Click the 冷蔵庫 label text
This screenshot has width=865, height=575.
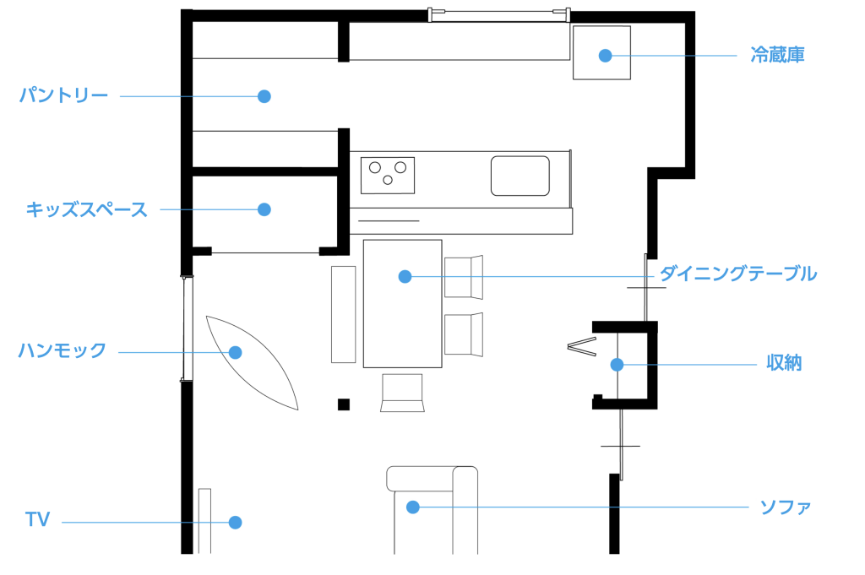pyautogui.click(x=777, y=56)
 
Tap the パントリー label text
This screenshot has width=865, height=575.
pyautogui.click(x=64, y=95)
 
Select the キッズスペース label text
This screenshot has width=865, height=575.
pyautogui.click(x=86, y=209)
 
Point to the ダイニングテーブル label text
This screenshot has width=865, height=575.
pyautogui.click(x=737, y=274)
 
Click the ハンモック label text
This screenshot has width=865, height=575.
pyautogui.click(x=63, y=350)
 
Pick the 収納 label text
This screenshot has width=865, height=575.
pyautogui.click(x=783, y=364)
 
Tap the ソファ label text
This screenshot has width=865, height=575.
pyautogui.click(x=785, y=507)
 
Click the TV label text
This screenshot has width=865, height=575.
pyautogui.click(x=37, y=520)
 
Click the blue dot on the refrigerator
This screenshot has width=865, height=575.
pyautogui.click(x=605, y=56)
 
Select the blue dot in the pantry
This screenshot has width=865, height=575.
pyautogui.click(x=264, y=96)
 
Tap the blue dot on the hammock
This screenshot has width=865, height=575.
pyautogui.click(x=236, y=352)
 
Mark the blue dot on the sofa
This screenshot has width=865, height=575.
pyautogui.click(x=412, y=507)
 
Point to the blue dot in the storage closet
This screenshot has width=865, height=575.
pyautogui.click(x=617, y=365)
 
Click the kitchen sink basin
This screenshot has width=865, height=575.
pyautogui.click(x=520, y=176)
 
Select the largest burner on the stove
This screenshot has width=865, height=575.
pyautogui.click(x=401, y=167)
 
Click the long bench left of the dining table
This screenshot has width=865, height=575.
pyautogui.click(x=344, y=314)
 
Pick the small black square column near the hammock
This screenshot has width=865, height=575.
pyautogui.click(x=344, y=404)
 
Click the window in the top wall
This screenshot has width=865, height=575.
pyautogui.click(x=498, y=14)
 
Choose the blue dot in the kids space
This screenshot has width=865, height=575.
pyautogui.click(x=264, y=209)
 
